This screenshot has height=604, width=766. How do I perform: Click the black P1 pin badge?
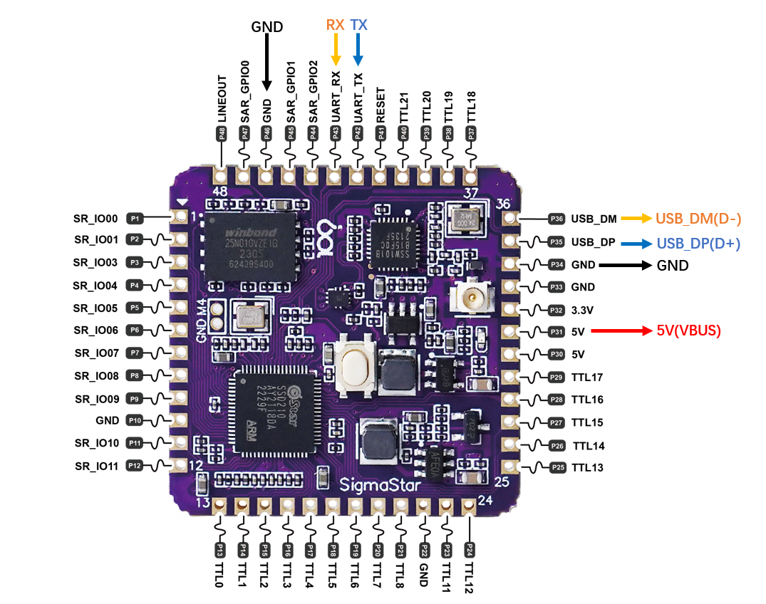click(135, 217)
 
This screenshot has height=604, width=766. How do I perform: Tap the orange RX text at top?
click(335, 25)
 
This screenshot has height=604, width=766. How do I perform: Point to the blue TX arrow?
click(358, 50)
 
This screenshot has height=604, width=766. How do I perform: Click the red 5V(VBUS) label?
click(689, 330)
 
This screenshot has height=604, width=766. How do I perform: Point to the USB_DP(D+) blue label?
click(698, 243)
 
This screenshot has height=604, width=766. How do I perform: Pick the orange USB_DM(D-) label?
click(698, 219)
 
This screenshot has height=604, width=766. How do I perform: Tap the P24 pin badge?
click(470, 549)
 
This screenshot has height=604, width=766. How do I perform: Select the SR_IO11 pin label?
click(96, 466)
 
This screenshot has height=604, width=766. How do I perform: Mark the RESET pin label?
click(381, 105)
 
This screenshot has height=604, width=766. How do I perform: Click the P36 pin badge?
click(557, 219)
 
